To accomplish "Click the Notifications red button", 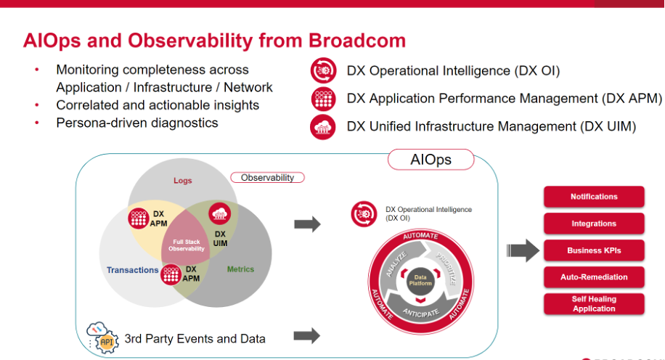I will [x=594, y=197].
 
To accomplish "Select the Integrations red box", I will [x=594, y=224].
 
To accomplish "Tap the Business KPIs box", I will [x=594, y=250].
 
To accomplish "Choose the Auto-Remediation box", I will [x=594, y=277].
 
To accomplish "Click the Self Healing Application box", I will [x=594, y=303].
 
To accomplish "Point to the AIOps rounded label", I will [x=431, y=160].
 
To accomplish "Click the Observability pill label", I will [x=267, y=178].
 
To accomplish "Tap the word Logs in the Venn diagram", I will [x=183, y=180].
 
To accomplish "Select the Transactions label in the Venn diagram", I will [x=132, y=270].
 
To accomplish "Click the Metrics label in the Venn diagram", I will [x=240, y=269].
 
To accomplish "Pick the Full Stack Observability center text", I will [x=187, y=246].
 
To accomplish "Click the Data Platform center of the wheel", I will [x=420, y=279].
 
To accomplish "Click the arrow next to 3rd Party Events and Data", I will [x=307, y=335].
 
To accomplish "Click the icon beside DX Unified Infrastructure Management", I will [x=322, y=126].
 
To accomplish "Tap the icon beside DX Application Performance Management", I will [x=322, y=98].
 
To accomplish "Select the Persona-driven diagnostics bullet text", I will [x=137, y=123].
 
